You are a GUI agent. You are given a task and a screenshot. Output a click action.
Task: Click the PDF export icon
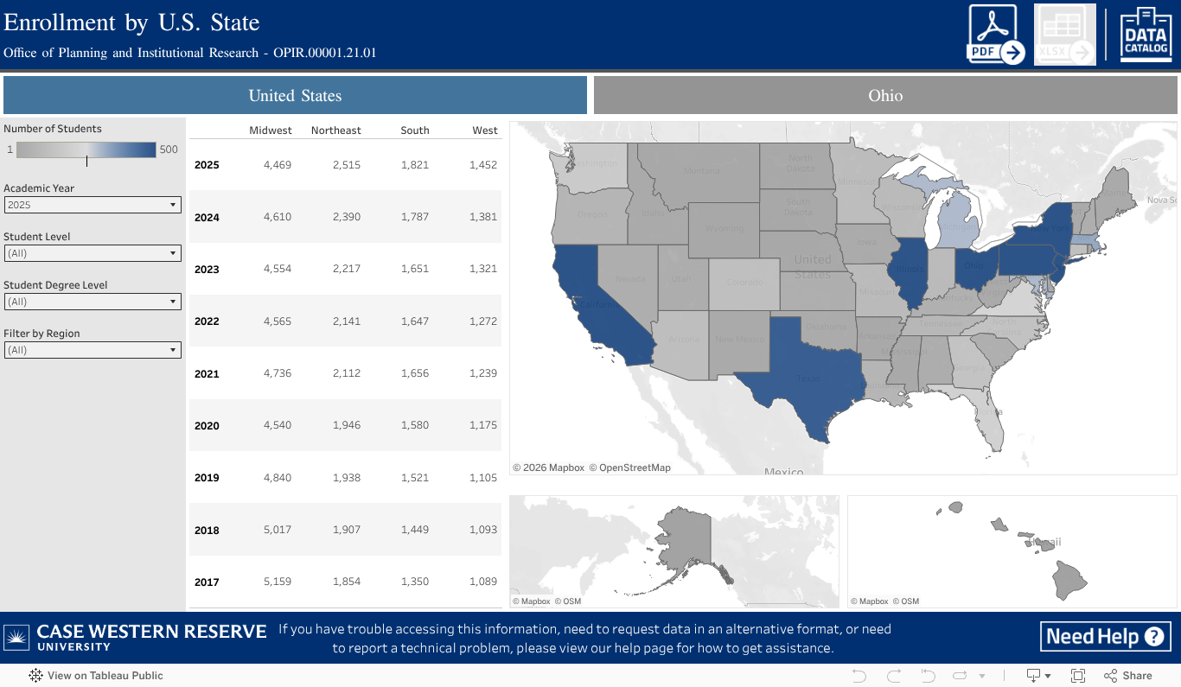[996, 35]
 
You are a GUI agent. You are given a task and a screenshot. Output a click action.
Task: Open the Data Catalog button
[1146, 35]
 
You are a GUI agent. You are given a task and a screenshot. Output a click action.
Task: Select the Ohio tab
[885, 95]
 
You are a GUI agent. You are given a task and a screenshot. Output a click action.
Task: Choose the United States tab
[295, 95]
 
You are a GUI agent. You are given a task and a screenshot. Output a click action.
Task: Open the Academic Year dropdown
[93, 205]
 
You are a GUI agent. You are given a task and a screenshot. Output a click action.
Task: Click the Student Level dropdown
[93, 253]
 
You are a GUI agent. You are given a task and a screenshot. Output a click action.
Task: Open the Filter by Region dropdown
[93, 350]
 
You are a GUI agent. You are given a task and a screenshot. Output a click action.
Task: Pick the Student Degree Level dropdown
[93, 302]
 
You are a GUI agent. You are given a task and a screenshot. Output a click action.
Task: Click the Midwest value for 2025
[278, 165]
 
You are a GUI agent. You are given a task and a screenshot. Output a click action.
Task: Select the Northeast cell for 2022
[347, 321]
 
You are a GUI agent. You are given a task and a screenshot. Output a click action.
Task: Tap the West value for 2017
[483, 582]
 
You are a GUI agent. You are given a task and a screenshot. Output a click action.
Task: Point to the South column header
[415, 130]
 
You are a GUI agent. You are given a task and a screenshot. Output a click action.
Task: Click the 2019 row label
[207, 478]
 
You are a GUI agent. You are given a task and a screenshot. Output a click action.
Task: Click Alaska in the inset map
[683, 536]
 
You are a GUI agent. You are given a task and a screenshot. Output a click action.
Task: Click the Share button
[1128, 676]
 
